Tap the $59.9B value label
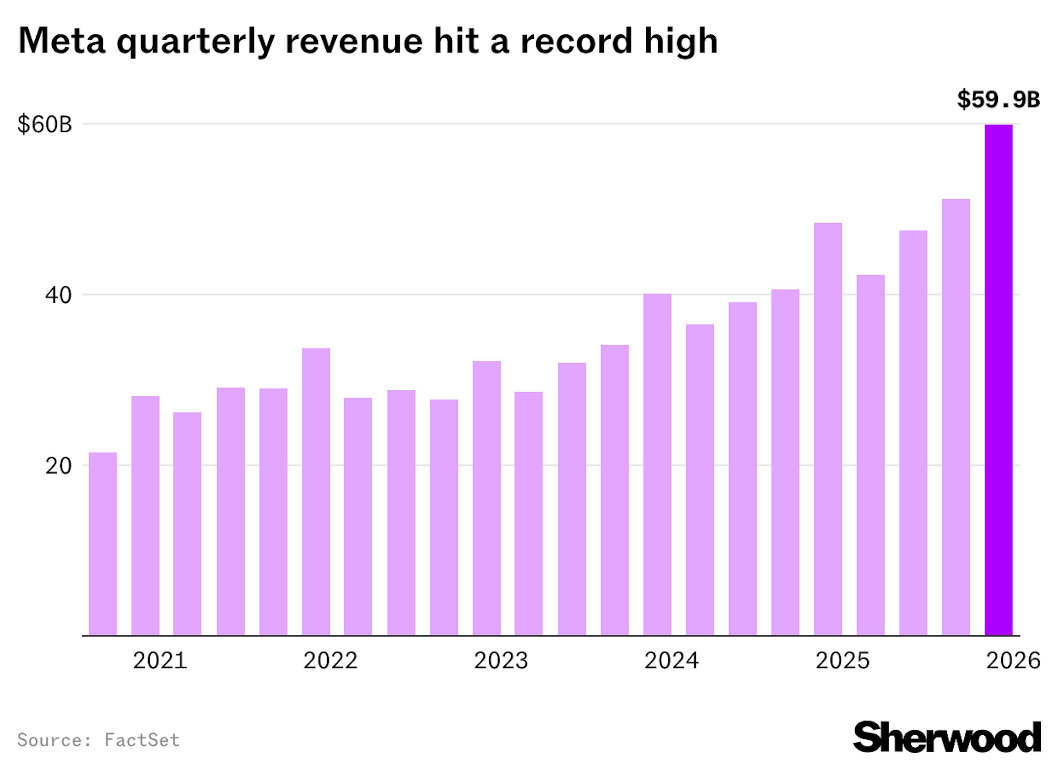pyautogui.click(x=998, y=100)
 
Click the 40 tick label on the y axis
pyautogui.click(x=58, y=295)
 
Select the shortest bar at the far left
pyautogui.click(x=102, y=544)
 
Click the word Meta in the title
pyautogui.click(x=61, y=41)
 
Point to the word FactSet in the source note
pyautogui.click(x=142, y=740)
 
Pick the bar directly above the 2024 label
pyautogui.click(x=657, y=464)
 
